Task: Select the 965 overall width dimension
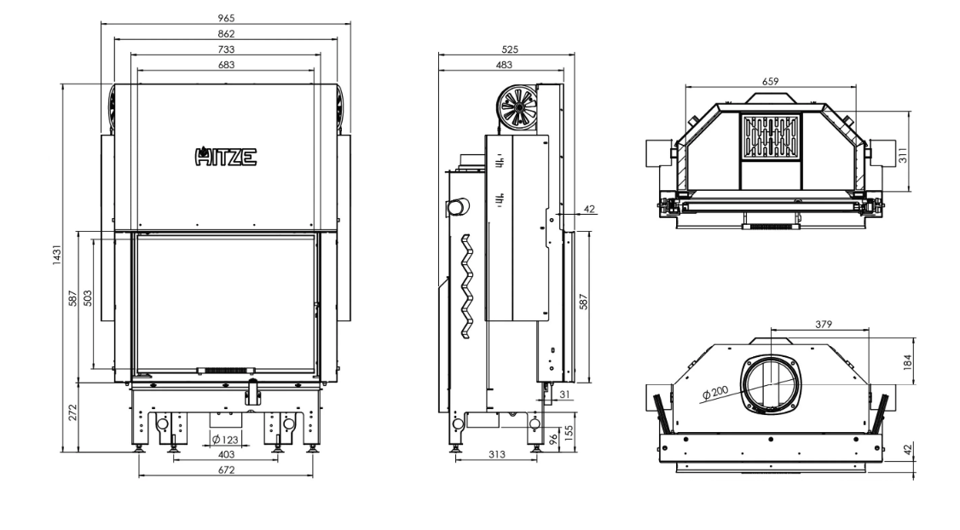(x=226, y=17)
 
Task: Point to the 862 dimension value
(x=226, y=33)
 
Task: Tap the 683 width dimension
(x=226, y=65)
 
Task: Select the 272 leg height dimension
(x=72, y=413)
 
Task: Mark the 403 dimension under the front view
(x=226, y=455)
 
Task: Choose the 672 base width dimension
(x=226, y=470)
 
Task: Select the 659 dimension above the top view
(x=770, y=81)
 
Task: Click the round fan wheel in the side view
(x=518, y=107)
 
